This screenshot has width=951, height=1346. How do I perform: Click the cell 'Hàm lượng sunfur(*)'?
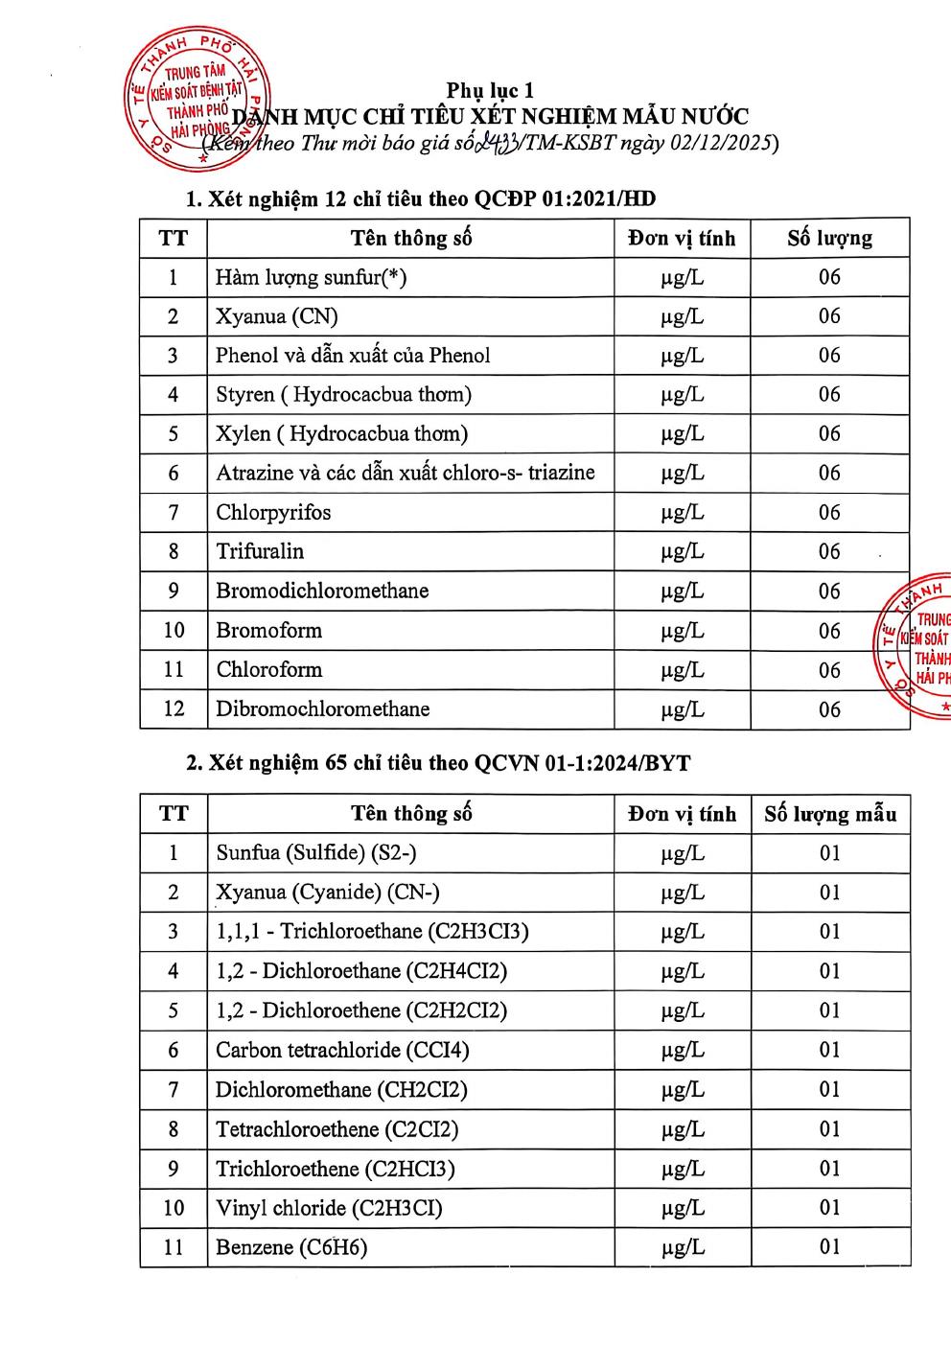(x=311, y=277)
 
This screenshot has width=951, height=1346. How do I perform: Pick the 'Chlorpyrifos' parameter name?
(x=273, y=512)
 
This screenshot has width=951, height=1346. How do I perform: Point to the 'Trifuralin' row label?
(x=260, y=551)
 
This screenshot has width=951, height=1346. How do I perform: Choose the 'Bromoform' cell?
(x=268, y=630)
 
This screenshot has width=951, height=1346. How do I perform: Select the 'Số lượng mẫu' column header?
(x=830, y=814)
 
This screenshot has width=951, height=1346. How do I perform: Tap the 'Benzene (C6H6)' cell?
(x=291, y=1246)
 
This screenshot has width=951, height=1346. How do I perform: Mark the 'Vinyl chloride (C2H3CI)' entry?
(x=329, y=1207)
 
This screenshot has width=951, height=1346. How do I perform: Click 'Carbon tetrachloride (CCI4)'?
(x=342, y=1050)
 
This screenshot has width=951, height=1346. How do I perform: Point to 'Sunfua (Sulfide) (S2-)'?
(x=316, y=852)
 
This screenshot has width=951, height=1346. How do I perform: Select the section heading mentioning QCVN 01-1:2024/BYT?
(x=438, y=763)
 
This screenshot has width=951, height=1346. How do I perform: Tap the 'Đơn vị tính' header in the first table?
(x=682, y=238)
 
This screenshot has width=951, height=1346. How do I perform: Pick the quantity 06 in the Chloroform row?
(x=829, y=669)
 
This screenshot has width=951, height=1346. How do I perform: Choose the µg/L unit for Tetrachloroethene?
(x=682, y=1129)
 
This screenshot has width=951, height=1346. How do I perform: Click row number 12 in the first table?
(x=174, y=708)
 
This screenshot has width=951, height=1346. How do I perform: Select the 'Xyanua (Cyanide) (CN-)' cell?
(x=327, y=892)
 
